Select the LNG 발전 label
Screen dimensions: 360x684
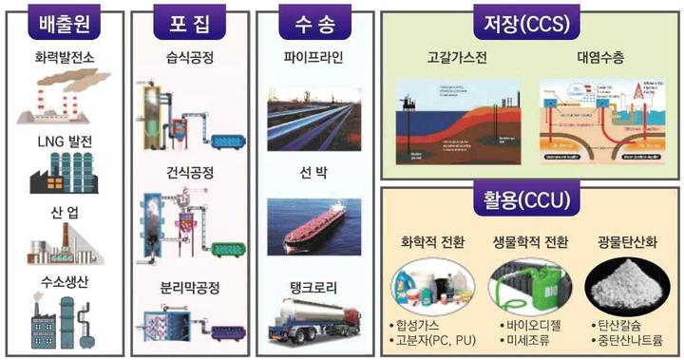coord(63,141)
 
